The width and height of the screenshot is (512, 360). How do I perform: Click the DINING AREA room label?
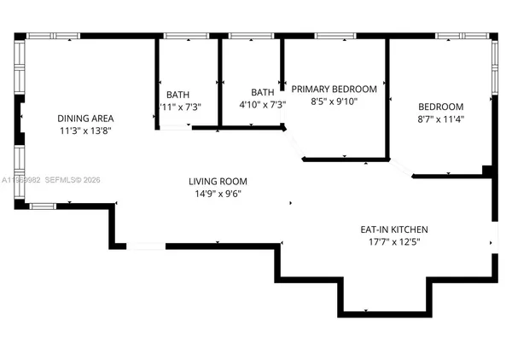(x=85, y=119)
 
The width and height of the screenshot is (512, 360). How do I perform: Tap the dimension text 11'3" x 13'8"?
(x=85, y=131)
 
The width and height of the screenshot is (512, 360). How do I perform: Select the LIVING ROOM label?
(x=218, y=181)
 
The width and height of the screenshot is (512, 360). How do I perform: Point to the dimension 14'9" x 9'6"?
(x=218, y=194)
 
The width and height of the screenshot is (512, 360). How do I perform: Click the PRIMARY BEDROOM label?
(x=334, y=89)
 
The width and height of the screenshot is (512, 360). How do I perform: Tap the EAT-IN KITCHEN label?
(x=393, y=229)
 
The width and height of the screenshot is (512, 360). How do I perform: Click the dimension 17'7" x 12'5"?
(x=393, y=242)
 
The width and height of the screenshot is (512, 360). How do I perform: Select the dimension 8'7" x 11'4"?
(x=440, y=119)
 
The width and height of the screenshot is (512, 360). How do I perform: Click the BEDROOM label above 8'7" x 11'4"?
(x=440, y=107)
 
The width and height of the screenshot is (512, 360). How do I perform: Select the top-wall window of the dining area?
(x=53, y=36)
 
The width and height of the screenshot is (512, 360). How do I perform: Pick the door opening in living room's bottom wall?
(x=145, y=247)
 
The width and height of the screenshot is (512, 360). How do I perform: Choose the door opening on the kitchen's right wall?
(x=496, y=236)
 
